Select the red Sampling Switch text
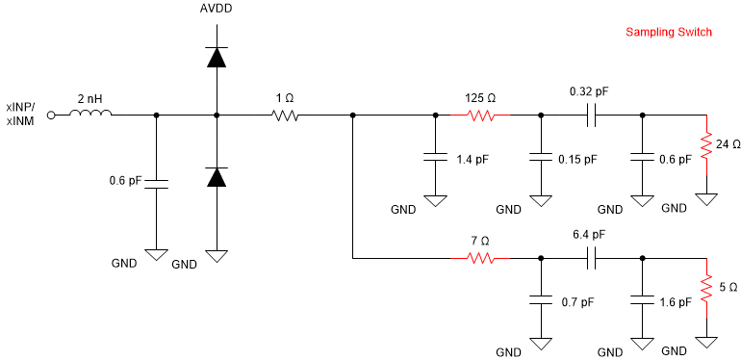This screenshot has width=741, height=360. coord(669,32)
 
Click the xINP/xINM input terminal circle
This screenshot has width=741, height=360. coord(52,115)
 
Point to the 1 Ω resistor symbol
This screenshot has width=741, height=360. coord(285,116)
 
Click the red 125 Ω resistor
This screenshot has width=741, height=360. coord(481,116)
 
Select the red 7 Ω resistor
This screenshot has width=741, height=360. coord(481,258)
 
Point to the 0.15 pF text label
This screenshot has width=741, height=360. coord(576,159)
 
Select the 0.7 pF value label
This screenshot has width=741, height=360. coord(577,301)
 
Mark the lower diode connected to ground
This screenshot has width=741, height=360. coord(217,176)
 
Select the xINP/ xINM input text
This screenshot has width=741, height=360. coord(21,115)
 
